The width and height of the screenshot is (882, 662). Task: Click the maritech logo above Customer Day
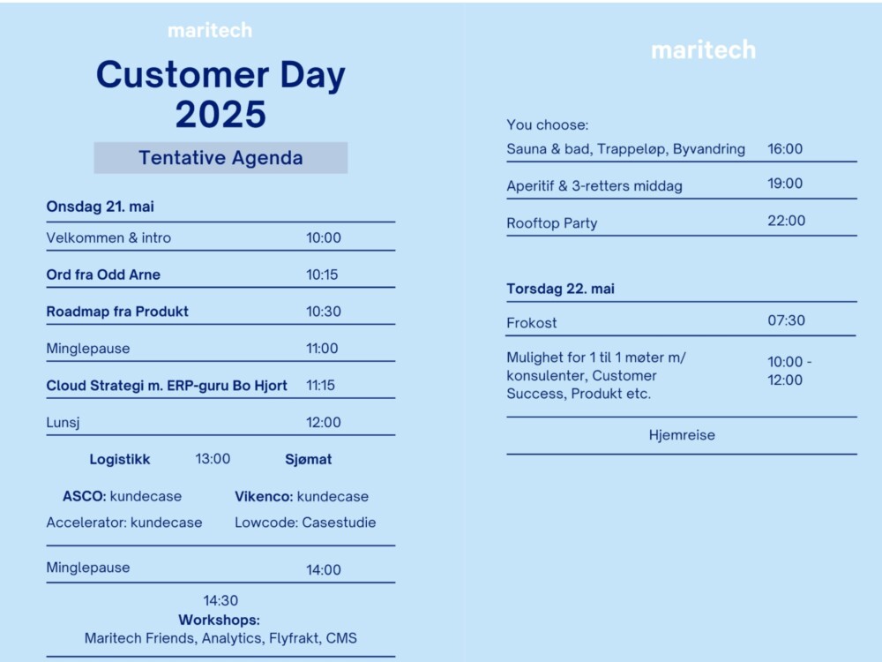[x=210, y=30]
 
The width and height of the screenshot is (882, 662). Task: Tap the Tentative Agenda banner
[x=220, y=158]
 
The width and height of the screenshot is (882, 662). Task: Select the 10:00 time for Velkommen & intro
[x=324, y=237]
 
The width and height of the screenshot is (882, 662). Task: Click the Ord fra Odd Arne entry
[x=103, y=275]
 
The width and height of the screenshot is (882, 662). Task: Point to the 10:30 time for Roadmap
[x=324, y=312]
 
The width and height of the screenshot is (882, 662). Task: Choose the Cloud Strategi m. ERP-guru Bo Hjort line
[x=167, y=386]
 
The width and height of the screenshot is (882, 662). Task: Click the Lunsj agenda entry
[x=63, y=423]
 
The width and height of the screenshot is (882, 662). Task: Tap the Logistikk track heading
[x=120, y=459]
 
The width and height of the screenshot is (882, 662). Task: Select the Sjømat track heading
[x=308, y=459]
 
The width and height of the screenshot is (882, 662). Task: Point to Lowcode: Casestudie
[x=305, y=523]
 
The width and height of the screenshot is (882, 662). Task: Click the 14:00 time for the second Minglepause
[x=324, y=569]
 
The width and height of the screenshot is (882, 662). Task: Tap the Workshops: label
[x=220, y=620]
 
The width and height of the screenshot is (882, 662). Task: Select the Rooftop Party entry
[x=552, y=223]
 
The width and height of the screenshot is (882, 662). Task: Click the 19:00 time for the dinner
[x=785, y=184]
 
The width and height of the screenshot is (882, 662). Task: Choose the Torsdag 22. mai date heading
[x=560, y=289]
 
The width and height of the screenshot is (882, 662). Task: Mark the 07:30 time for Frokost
[x=787, y=320]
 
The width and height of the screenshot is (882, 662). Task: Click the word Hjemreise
[x=682, y=435]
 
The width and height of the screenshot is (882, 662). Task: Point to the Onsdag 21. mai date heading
[x=101, y=207]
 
